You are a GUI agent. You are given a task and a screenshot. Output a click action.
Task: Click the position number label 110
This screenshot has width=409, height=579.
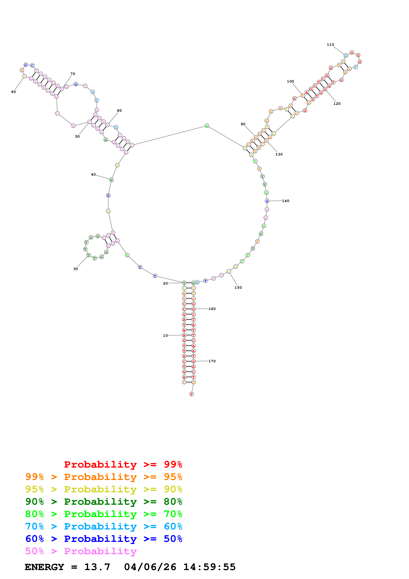point(330,45)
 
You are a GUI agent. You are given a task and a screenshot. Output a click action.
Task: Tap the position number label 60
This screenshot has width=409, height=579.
point(14,92)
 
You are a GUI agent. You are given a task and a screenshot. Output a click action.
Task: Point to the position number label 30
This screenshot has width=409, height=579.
point(76,269)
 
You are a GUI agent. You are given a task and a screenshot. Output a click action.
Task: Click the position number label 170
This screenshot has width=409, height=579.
point(212,361)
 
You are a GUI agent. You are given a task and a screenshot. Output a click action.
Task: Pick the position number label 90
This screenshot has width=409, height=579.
point(243,124)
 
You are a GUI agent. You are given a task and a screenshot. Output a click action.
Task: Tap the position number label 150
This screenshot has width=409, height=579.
point(238,288)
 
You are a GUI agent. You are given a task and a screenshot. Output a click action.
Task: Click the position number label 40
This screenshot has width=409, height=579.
point(93,174)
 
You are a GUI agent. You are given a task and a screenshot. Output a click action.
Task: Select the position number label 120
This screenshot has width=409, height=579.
point(337,104)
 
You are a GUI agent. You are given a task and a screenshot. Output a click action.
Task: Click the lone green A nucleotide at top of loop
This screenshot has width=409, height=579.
point(207,126)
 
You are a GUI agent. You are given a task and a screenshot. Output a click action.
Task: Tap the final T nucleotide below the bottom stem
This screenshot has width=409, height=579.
point(192,394)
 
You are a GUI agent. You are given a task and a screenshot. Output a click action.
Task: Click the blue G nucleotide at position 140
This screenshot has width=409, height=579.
point(267,201)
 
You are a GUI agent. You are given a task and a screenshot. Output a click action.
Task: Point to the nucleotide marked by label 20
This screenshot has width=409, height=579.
point(184,283)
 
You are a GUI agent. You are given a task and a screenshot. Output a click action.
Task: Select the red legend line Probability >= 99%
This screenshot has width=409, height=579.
point(123,464)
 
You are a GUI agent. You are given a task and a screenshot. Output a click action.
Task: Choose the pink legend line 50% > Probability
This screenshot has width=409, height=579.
point(81,551)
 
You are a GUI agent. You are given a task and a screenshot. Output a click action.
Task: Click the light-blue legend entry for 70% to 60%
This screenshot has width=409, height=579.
point(104,526)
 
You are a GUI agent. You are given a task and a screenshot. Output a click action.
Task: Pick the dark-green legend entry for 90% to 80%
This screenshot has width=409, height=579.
point(104,502)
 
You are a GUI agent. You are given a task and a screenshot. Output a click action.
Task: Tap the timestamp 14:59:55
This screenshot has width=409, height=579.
point(209,567)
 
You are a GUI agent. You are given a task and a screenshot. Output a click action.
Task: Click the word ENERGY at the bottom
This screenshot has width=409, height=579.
point(44,567)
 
